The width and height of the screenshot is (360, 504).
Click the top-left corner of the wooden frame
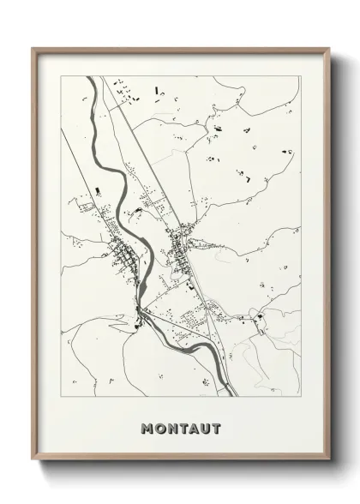[x=33, y=48]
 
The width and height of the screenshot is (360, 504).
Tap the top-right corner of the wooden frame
[x=327, y=48]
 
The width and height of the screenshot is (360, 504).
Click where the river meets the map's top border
[x=88, y=77]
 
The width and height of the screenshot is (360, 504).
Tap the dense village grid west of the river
[x=120, y=255]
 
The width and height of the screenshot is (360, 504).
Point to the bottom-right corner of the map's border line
[x=300, y=396]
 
